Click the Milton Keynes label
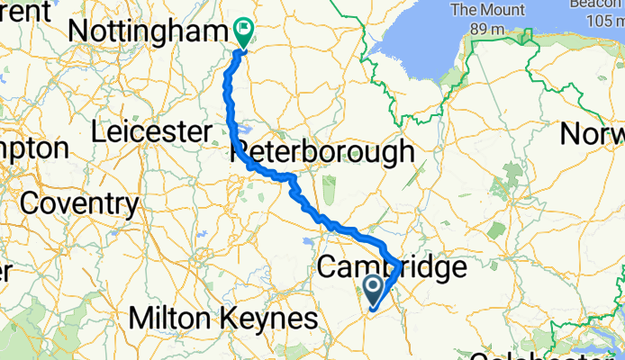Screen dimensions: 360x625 coord(223,318)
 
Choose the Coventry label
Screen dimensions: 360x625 coord(79,203)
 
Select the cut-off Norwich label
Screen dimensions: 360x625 coord(592,135)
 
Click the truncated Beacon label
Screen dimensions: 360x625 coord(597,4)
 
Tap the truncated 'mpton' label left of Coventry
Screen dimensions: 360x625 coord(34,149)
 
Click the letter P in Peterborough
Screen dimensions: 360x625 coord(244,151)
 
